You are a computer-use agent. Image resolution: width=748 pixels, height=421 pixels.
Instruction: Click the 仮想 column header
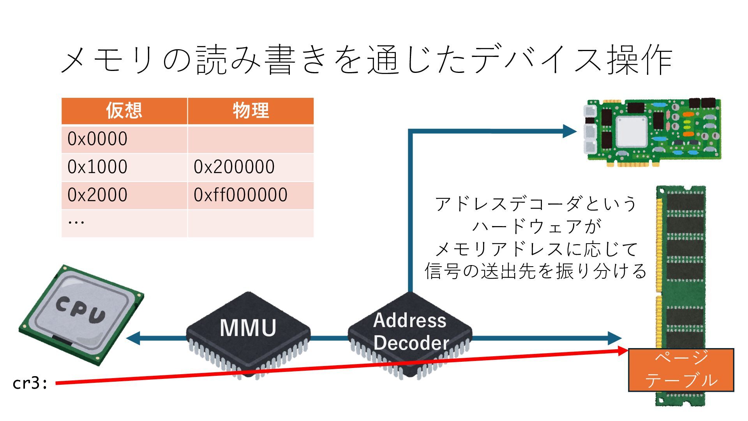click(124, 111)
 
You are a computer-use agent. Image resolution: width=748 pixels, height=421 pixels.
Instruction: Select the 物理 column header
click(251, 111)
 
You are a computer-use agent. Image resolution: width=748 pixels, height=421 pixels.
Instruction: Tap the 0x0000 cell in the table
click(97, 139)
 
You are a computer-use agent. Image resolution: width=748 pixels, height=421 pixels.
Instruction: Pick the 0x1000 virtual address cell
click(97, 167)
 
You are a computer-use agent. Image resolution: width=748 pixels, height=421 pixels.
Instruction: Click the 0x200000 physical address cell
click(234, 167)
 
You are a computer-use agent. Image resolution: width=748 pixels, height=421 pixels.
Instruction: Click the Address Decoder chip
click(409, 333)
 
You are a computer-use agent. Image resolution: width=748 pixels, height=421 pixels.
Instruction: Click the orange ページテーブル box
click(681, 370)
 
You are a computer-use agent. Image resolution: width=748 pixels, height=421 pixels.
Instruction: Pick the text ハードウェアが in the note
click(536, 226)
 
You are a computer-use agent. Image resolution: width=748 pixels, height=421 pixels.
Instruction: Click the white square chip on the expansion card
click(631, 131)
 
